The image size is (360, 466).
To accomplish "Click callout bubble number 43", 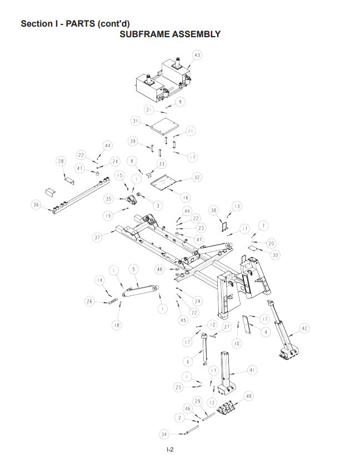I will [x=197, y=55].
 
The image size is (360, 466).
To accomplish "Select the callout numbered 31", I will [x=136, y=121].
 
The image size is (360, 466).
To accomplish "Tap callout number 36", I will [x=37, y=205].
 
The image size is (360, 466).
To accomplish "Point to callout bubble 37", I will [x=98, y=237].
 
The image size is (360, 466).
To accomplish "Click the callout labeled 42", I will [x=304, y=328].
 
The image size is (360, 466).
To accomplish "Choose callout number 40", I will [x=249, y=396].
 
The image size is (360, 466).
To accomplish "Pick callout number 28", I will [x=61, y=161].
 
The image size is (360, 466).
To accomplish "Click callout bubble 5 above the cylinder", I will [x=133, y=269].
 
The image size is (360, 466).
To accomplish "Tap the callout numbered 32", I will [x=197, y=177].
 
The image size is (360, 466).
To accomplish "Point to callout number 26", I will [x=89, y=302].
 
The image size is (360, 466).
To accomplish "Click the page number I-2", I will [x=171, y=449].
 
